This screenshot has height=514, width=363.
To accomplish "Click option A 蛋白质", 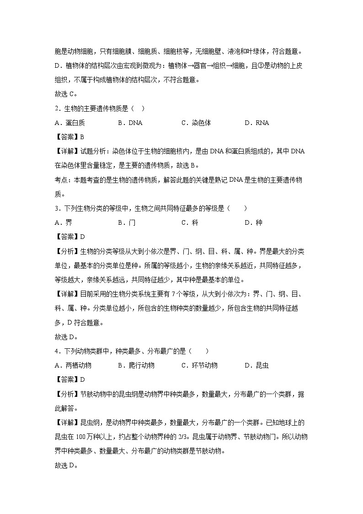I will point(69,123).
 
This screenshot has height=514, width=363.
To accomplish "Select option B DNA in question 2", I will point(130,123).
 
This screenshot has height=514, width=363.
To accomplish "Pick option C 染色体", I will point(196,123).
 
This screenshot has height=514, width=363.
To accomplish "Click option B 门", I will point(127,223).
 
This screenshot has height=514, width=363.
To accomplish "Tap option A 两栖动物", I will point(73,365).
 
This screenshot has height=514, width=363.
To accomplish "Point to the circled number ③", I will point(247,65).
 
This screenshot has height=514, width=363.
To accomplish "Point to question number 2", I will point(56,108).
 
